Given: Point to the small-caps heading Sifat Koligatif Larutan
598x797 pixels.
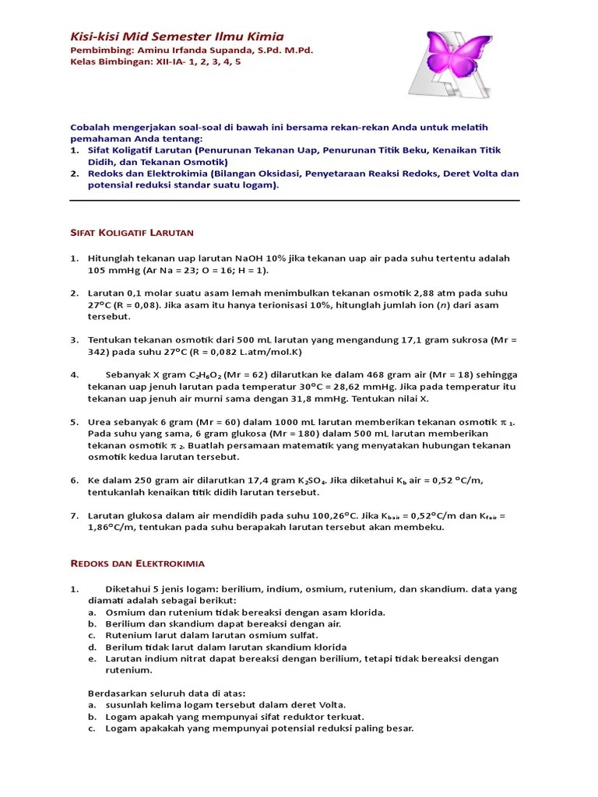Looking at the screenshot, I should [132, 233].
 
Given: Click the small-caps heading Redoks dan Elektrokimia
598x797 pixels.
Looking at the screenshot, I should [137, 563].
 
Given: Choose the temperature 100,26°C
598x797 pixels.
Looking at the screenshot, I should [331, 515].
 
